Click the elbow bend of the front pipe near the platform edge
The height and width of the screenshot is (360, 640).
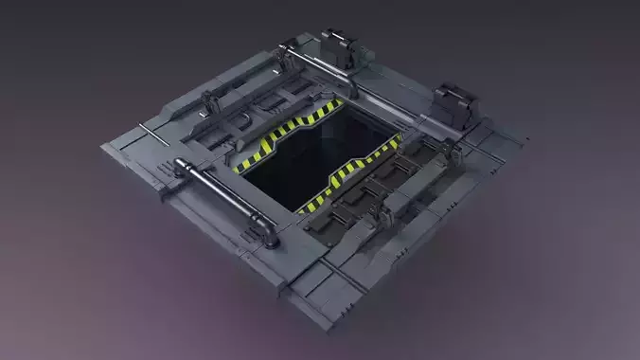coord(269,232)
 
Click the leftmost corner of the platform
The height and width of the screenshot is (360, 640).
coord(102,147)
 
